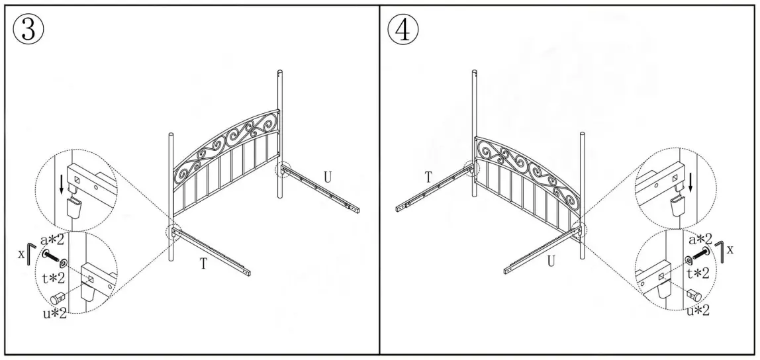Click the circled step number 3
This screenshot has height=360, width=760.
tap(28, 30)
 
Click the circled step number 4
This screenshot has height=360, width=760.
tap(403, 30)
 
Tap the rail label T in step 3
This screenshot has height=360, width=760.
tap(205, 263)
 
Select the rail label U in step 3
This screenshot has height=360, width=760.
tap(327, 177)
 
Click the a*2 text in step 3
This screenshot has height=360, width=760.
tap(52, 239)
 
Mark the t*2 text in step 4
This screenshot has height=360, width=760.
tap(698, 273)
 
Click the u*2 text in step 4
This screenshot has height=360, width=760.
tap(698, 310)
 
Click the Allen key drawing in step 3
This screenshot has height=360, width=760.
tap(27, 253)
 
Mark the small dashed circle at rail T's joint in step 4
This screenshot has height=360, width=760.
tap(471, 168)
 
